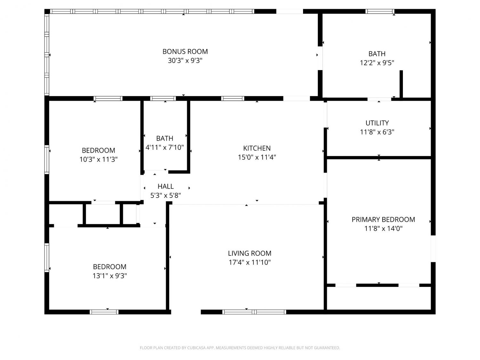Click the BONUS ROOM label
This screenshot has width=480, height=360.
pyautogui.click(x=185, y=52)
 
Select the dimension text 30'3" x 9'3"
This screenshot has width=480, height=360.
pyautogui.click(x=185, y=60)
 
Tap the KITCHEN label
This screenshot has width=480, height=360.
pyautogui.click(x=257, y=148)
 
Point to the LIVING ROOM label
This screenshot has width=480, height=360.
pyautogui.click(x=250, y=253)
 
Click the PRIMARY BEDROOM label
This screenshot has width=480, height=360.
pyautogui.click(x=383, y=220)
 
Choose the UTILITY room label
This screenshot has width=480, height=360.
pyautogui.click(x=377, y=123)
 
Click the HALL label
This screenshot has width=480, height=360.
pyautogui.click(x=165, y=187)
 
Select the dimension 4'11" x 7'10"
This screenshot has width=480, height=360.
pyautogui.click(x=164, y=148)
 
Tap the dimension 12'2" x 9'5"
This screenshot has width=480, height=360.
pyautogui.click(x=377, y=63)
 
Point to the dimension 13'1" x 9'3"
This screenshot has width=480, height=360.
pyautogui.click(x=109, y=276)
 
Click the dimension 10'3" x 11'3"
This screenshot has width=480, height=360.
pyautogui.click(x=99, y=159)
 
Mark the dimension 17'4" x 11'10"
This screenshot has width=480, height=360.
pyautogui.click(x=250, y=262)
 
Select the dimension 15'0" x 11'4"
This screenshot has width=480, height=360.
pyautogui.click(x=257, y=157)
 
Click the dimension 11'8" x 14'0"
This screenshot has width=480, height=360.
pyautogui.click(x=383, y=228)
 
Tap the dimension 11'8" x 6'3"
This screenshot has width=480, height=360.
pyautogui.click(x=377, y=132)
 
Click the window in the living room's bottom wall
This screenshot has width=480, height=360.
pyautogui.click(x=254, y=312)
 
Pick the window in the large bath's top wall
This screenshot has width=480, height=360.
pyautogui.click(x=380, y=12)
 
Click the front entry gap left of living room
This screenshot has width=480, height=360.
pyautogui.click(x=186, y=312)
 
